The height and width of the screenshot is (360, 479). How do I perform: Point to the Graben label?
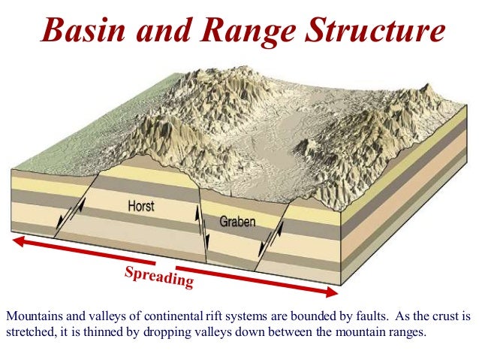pos(238,222)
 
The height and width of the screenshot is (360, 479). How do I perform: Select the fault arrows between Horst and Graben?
pos(200,224)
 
